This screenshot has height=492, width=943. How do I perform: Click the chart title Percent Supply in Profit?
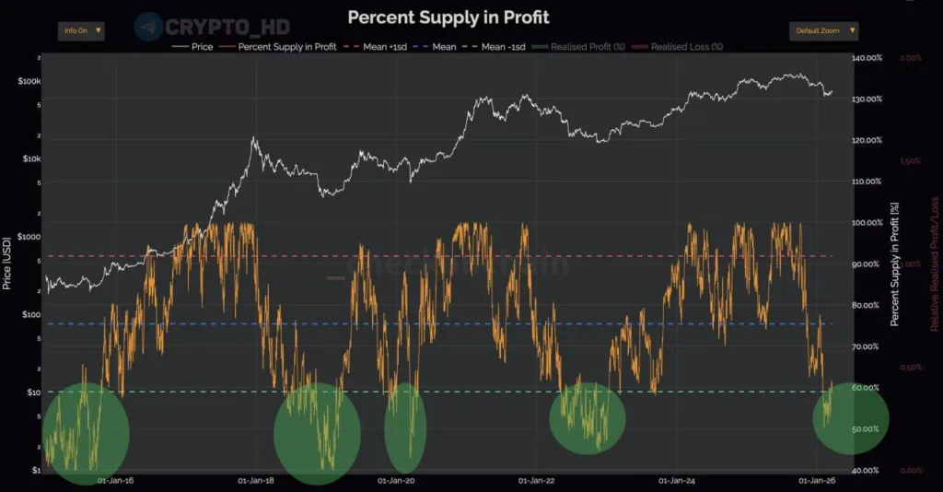coord(448,18)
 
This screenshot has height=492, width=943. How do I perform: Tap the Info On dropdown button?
coord(83,30)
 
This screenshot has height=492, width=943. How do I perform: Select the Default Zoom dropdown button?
coord(824,30)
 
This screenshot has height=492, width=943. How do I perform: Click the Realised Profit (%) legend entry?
coord(587,46)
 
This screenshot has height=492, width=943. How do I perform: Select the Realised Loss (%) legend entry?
coord(687,46)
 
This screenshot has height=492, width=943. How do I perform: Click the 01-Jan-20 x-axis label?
coord(396,480)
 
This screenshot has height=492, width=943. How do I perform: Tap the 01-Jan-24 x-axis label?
coord(677,480)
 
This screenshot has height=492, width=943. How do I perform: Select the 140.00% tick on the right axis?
coord(867,58)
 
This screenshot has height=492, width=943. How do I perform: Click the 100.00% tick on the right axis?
coord(867,223)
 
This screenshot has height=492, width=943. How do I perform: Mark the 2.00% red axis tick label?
coord(910,58)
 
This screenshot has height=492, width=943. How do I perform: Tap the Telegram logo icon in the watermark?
coord(146,25)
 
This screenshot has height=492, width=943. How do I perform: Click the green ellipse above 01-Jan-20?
coord(405,428)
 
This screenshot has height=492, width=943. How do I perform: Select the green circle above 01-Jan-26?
coord(851,418)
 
